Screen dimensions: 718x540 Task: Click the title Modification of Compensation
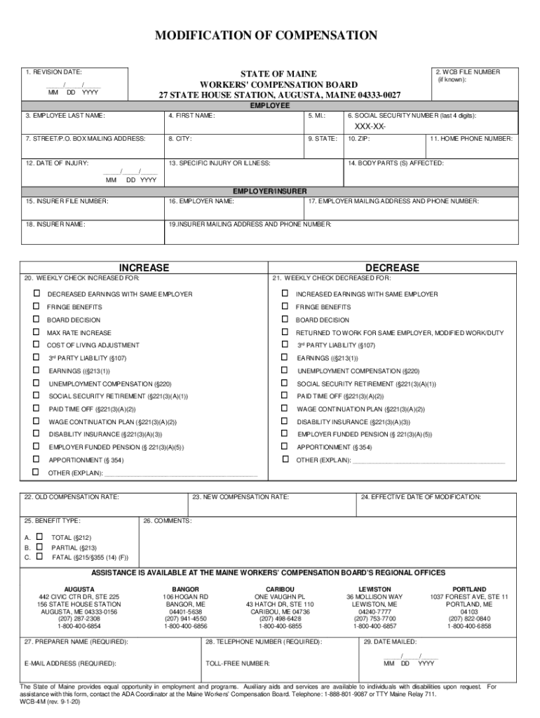pos(270,36)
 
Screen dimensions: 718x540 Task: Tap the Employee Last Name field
pos(92,123)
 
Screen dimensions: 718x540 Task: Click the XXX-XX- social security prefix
pos(370,126)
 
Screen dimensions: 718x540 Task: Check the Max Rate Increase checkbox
pos(36,332)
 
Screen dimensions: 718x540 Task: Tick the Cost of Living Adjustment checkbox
pos(36,345)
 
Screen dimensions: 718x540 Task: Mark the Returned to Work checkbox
pos(285,332)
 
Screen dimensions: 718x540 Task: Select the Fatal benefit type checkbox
pos(39,557)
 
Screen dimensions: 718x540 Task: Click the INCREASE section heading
pos(144,268)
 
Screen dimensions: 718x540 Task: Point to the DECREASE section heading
pos(392,268)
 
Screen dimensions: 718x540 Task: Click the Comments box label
pos(168,521)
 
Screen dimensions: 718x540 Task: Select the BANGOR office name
pos(186,589)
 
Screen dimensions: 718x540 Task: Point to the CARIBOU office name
pos(280,589)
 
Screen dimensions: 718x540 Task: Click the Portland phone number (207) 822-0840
pos(469,618)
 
